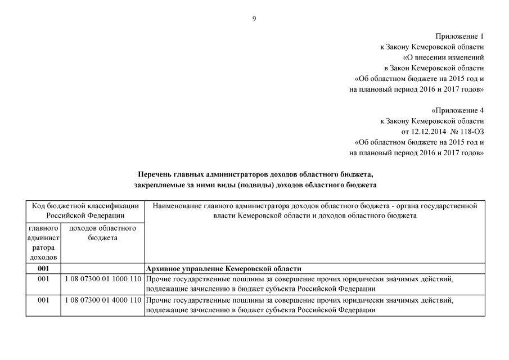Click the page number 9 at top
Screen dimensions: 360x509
pos(254,19)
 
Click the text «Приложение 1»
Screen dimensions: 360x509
pos(460,37)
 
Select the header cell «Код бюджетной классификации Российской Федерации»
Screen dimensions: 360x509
pos(85,210)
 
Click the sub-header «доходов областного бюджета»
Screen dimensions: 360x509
pos(102,233)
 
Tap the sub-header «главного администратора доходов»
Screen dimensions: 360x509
pos(43,242)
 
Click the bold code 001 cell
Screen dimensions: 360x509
pos(43,268)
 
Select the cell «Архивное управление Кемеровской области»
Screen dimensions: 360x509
pos(223,268)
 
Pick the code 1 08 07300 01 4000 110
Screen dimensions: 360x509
pos(102,300)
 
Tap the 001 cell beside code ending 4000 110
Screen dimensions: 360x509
pos(43,300)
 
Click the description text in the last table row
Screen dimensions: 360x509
pos(298,305)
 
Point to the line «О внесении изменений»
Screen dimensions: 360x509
pos(443,58)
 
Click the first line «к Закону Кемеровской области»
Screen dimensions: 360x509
pos(431,47)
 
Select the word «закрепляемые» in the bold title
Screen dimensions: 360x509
pos(157,184)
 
